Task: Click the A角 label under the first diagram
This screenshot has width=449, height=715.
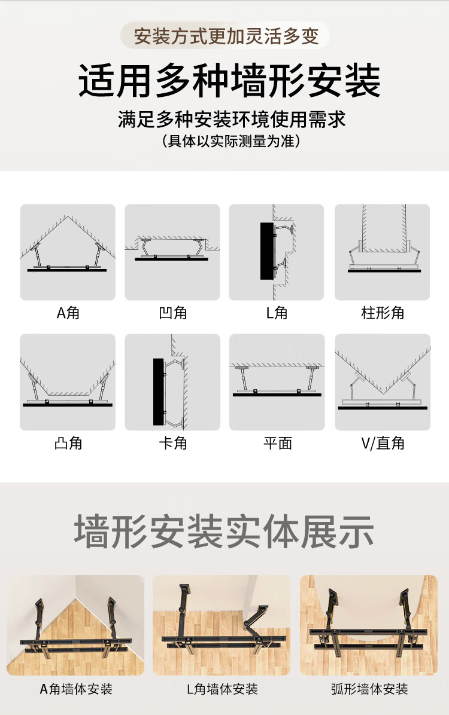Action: [68, 313]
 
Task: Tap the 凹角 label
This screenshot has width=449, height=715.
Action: [172, 313]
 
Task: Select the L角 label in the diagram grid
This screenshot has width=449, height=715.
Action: [277, 313]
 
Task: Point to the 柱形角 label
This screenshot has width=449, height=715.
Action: [382, 313]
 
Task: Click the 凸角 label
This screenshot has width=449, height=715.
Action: [68, 443]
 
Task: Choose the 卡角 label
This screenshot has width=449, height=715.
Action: [172, 443]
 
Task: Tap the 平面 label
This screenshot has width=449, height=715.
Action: [277, 443]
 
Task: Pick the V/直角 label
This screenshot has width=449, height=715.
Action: [382, 443]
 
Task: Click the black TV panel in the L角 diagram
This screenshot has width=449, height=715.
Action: [266, 251]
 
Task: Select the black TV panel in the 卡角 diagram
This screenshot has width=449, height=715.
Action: [159, 392]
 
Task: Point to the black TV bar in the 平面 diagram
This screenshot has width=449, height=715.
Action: [277, 395]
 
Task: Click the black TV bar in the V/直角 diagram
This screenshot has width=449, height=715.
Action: [382, 408]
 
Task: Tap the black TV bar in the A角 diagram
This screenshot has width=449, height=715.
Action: [67, 270]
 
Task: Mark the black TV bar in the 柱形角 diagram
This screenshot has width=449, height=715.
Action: [384, 271]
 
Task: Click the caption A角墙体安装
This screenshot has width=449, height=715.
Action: [76, 689]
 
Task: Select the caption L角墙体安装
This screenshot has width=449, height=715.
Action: [222, 689]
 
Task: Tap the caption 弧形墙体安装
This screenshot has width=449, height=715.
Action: [369, 689]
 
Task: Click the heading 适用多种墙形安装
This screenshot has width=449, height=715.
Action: [229, 82]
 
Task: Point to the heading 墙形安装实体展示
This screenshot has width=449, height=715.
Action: [224, 531]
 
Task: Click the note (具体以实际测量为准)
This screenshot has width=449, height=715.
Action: [231, 142]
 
